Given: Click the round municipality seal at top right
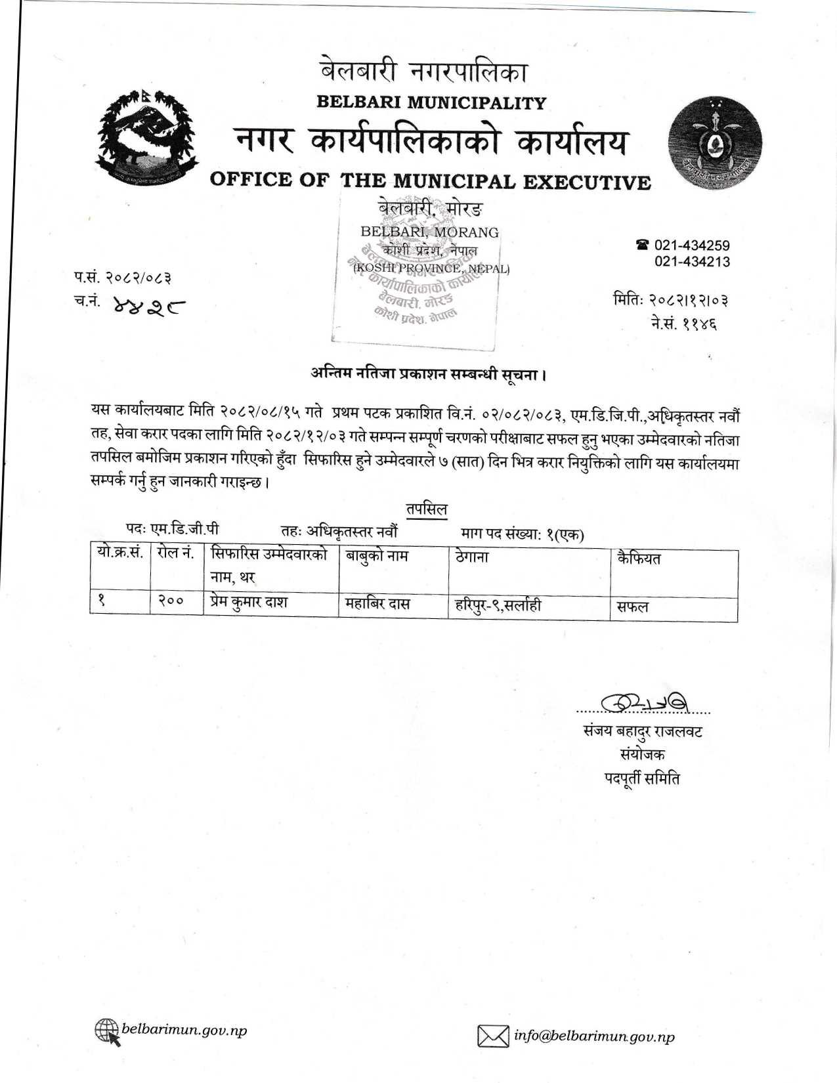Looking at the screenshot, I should pyautogui.click(x=715, y=143).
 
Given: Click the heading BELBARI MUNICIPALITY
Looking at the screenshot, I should pyautogui.click(x=431, y=103).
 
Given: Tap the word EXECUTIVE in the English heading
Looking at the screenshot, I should pyautogui.click(x=587, y=182).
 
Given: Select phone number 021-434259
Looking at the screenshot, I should pyautogui.click(x=692, y=245).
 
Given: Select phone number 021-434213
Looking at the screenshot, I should pyautogui.click(x=692, y=262).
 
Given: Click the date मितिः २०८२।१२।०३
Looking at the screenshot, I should pyautogui.click(x=670, y=301).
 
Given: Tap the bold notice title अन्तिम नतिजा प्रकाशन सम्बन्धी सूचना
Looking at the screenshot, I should pyautogui.click(x=429, y=375).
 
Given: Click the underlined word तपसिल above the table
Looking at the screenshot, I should pyautogui.click(x=426, y=510).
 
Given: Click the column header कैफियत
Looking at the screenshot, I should pyautogui.click(x=639, y=559).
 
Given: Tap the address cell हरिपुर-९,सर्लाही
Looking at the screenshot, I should pyautogui.click(x=498, y=605).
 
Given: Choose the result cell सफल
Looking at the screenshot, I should pyautogui.click(x=632, y=606).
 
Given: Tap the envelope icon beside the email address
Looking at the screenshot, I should pyautogui.click(x=492, y=1037).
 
